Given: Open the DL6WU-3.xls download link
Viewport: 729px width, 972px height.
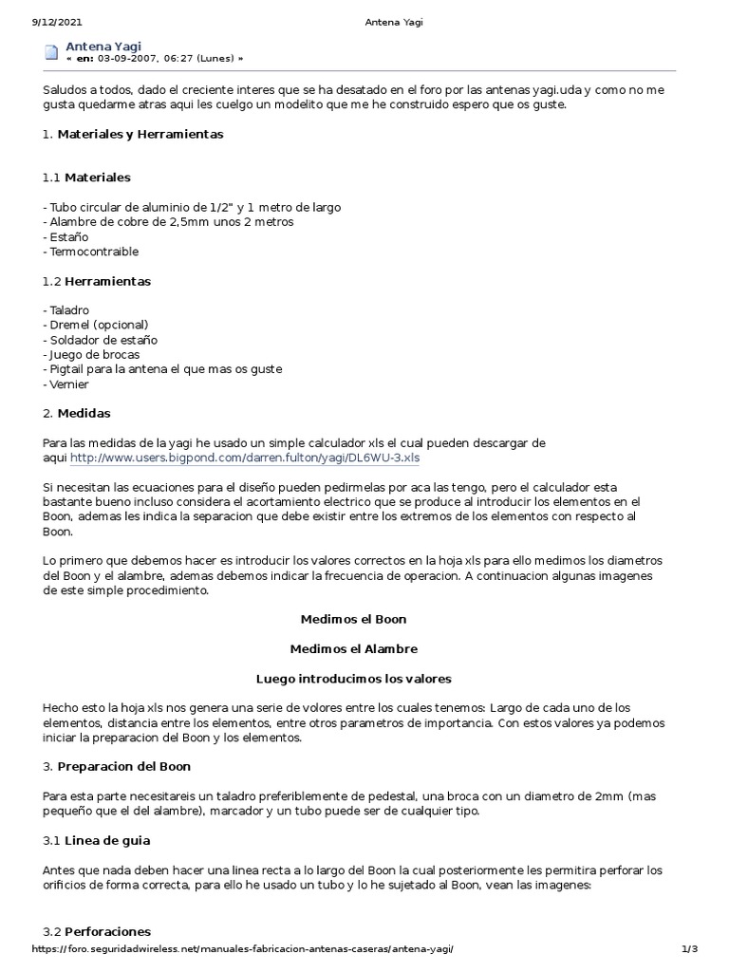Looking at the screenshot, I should (x=244, y=457).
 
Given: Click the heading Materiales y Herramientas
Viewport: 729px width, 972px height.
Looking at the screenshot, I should (x=140, y=134).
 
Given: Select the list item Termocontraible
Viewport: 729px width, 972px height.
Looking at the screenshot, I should (x=91, y=252).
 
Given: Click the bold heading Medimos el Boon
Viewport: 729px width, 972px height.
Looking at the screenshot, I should (x=353, y=619).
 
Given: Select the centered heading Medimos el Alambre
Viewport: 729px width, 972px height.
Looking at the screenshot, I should (x=353, y=648).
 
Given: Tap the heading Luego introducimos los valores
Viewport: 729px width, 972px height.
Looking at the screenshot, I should (x=353, y=679).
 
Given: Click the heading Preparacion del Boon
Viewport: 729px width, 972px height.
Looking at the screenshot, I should (x=124, y=766).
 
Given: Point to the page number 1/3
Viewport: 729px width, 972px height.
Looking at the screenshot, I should (x=690, y=948).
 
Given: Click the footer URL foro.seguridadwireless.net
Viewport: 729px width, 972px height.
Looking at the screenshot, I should (x=249, y=948).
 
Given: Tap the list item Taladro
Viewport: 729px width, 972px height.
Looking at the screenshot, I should (x=66, y=310).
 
